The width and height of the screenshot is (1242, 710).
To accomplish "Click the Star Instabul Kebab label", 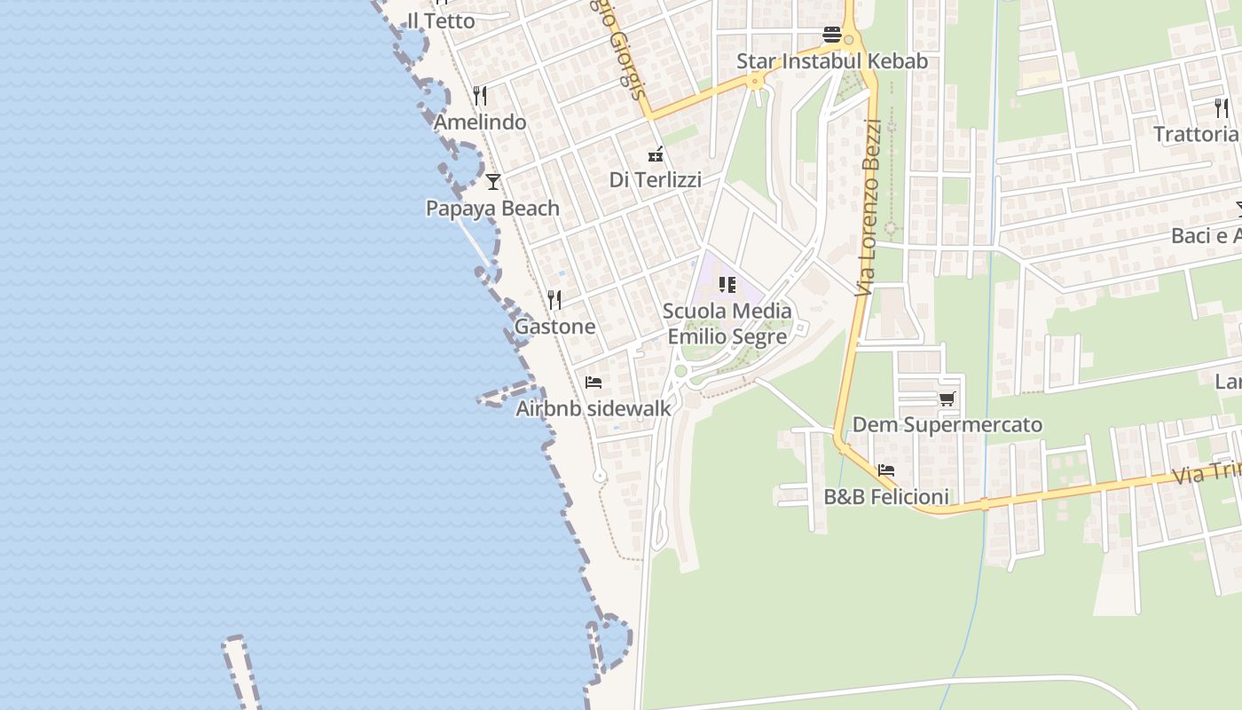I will click(x=832, y=61).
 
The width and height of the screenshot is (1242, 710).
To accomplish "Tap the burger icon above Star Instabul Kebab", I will click(x=832, y=35).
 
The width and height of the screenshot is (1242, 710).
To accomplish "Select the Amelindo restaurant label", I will click(x=480, y=122).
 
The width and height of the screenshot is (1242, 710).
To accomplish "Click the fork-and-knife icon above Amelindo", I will click(x=480, y=95).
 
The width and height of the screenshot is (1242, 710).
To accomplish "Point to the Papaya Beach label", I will click(x=492, y=209).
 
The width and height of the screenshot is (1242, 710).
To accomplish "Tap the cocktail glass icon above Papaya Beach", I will click(x=493, y=182).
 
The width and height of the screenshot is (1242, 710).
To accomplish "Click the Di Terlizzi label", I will click(x=655, y=179).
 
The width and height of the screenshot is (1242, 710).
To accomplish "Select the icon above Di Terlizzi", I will click(x=656, y=154).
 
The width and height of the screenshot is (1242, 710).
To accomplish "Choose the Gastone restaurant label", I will click(x=555, y=326).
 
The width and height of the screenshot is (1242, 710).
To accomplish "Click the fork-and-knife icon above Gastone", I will click(x=555, y=299).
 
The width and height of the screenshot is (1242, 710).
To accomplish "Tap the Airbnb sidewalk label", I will click(x=593, y=408).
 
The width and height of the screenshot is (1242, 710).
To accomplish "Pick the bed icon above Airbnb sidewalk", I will click(x=593, y=383).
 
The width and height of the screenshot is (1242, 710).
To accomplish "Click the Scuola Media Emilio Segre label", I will click(x=727, y=324).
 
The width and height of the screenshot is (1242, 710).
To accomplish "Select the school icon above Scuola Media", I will click(x=727, y=285).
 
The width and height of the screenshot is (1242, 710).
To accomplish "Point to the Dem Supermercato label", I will click(x=947, y=425).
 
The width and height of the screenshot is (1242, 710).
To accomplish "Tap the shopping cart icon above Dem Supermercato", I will click(x=947, y=399).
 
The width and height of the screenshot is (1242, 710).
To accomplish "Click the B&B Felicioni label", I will click(x=886, y=497).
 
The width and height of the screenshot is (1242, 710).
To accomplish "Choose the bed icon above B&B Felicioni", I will click(x=885, y=470).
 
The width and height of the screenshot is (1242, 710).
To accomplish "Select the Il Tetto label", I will click(x=441, y=20).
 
